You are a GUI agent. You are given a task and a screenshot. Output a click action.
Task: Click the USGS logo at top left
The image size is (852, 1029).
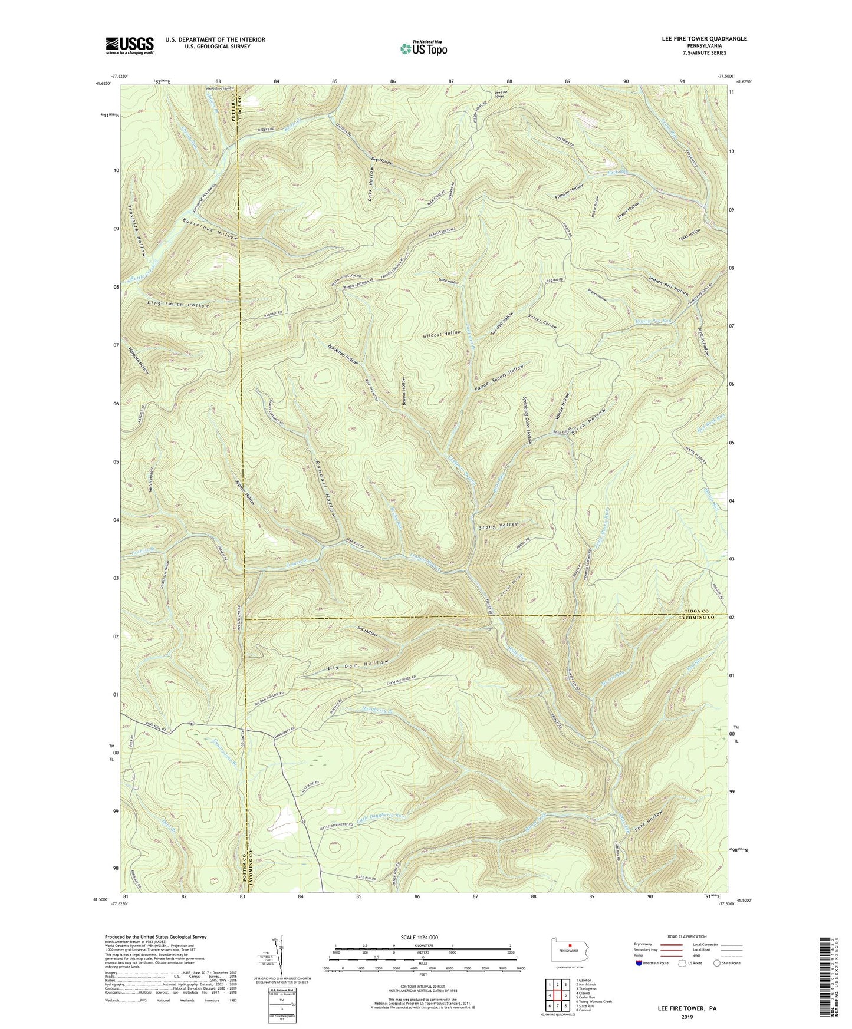point(130,45)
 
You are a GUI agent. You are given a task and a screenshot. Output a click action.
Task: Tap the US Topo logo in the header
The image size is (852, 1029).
point(423,48)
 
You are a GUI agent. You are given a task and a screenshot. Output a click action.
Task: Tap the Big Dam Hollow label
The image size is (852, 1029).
point(358,665)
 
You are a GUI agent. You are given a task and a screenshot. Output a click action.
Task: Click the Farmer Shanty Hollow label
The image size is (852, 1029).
point(499,378)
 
